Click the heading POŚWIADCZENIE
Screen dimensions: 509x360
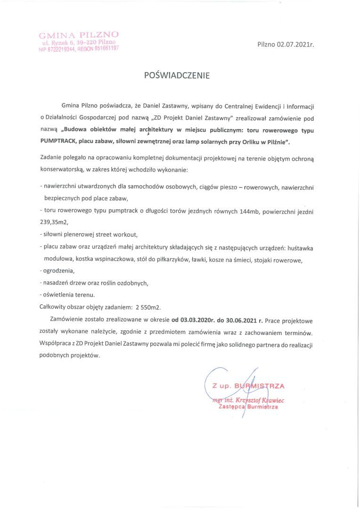(x=180, y=75)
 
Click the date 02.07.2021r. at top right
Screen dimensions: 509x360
(x=295, y=44)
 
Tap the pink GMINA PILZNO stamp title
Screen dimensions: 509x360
(x=79, y=34)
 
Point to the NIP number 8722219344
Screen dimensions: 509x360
(x=60, y=49)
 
